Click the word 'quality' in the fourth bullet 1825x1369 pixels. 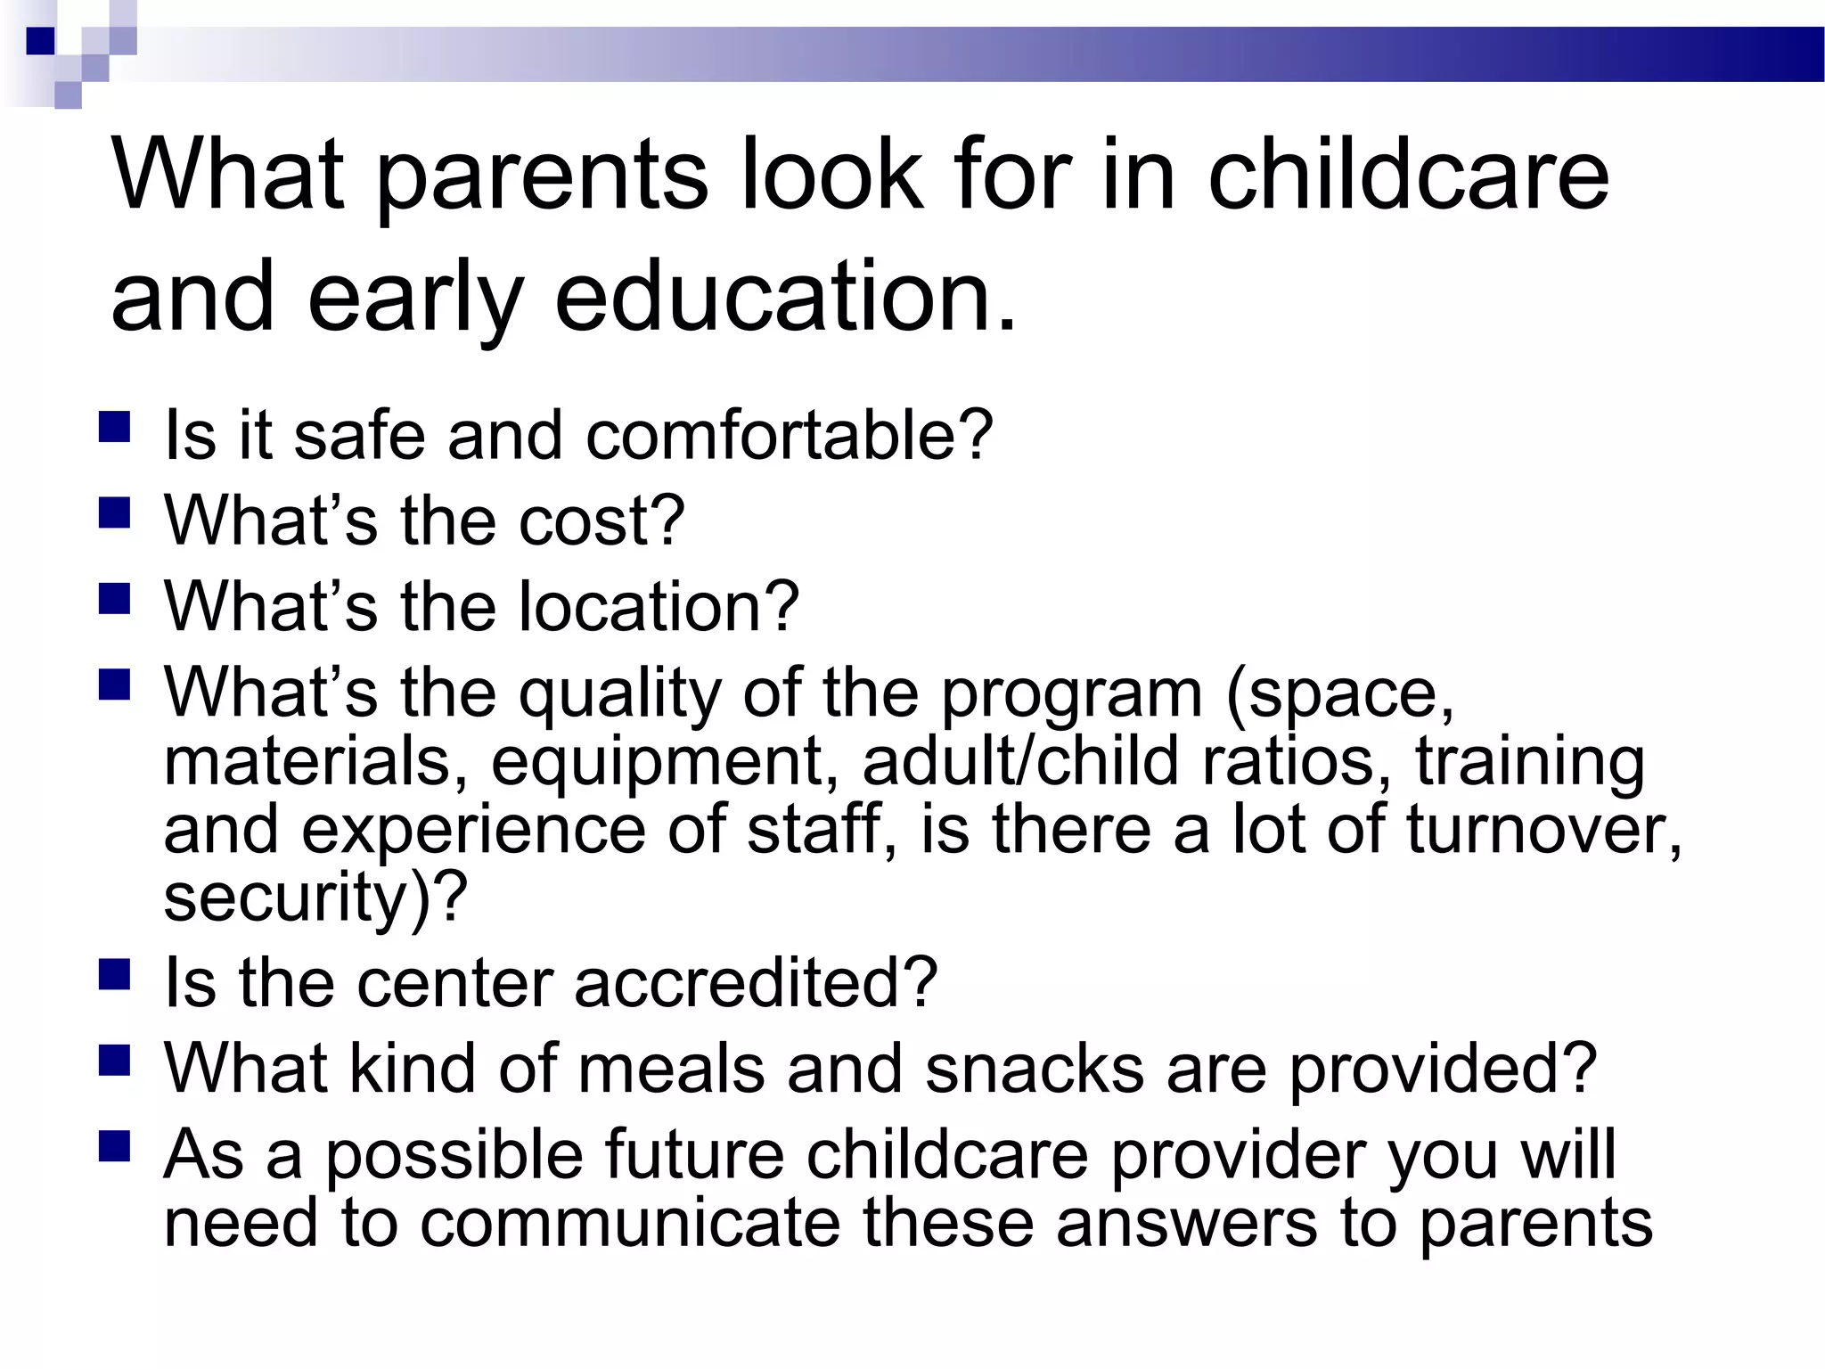pyautogui.click(x=619, y=693)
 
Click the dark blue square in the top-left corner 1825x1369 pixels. pyautogui.click(x=40, y=41)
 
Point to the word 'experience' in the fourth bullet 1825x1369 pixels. pyautogui.click(x=472, y=831)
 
